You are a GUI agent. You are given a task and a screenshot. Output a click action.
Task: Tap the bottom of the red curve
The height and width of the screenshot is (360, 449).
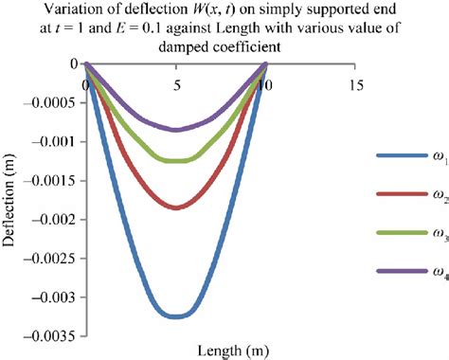click(176, 207)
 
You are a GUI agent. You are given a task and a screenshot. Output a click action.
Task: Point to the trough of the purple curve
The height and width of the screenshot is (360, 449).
click(176, 129)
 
